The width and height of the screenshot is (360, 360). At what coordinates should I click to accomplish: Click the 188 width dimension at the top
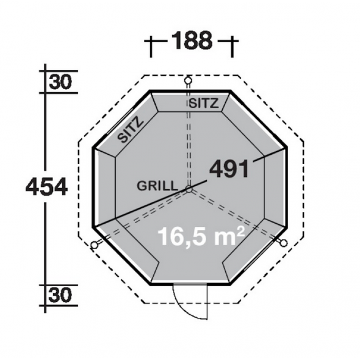pyautogui.click(x=192, y=40)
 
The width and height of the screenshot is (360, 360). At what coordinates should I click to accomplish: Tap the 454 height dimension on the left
pyautogui.click(x=47, y=187)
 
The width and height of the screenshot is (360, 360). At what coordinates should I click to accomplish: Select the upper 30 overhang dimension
pyautogui.click(x=60, y=82)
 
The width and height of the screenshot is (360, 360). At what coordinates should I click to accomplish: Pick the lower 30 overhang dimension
pyautogui.click(x=60, y=296)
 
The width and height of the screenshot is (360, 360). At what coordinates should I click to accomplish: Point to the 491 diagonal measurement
pyautogui.click(x=229, y=169)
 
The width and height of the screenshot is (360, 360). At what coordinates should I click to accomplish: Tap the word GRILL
pyautogui.click(x=157, y=186)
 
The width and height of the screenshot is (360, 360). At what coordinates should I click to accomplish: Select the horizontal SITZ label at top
pyautogui.click(x=203, y=103)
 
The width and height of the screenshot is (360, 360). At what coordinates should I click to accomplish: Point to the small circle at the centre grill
pyautogui.click(x=189, y=189)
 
